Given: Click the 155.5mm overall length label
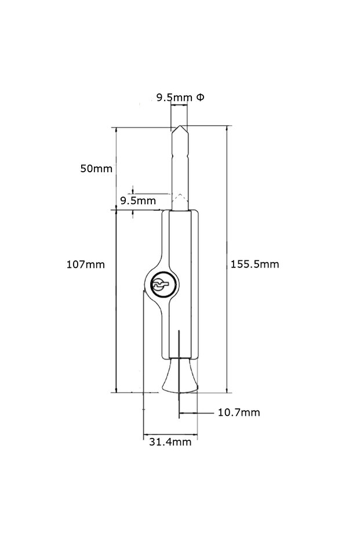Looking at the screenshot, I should [x=254, y=264].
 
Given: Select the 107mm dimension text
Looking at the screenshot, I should [x=85, y=264].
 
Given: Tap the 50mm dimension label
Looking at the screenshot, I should [x=96, y=169].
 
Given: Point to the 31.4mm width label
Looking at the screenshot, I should [x=170, y=442].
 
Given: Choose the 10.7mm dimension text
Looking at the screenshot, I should [x=238, y=413].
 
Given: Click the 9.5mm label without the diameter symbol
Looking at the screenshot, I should [x=137, y=201].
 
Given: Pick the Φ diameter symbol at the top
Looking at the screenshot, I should [x=199, y=97].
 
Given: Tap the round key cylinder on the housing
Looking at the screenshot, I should [x=159, y=285].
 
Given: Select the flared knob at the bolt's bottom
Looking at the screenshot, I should [x=180, y=376].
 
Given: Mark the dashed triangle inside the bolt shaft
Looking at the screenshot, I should [x=181, y=198].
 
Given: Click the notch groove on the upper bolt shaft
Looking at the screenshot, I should [x=180, y=156].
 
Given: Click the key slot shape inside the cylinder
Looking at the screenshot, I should [x=159, y=285].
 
